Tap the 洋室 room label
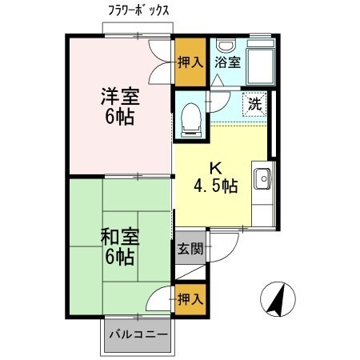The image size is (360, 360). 119,98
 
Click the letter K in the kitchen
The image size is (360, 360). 214,168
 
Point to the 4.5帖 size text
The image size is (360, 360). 215,186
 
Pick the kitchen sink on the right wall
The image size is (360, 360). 263,178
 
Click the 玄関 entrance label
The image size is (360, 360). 190,248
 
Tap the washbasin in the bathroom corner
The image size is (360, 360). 226,43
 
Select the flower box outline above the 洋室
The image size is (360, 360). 138,29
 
